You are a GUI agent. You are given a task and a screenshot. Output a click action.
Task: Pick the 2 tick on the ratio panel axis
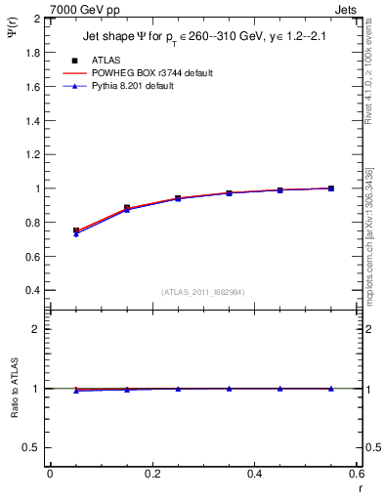point(37,329)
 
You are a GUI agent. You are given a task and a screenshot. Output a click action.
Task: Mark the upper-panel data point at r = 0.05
point(76,231)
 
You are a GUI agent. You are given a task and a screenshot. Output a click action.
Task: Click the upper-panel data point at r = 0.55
point(331,188)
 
